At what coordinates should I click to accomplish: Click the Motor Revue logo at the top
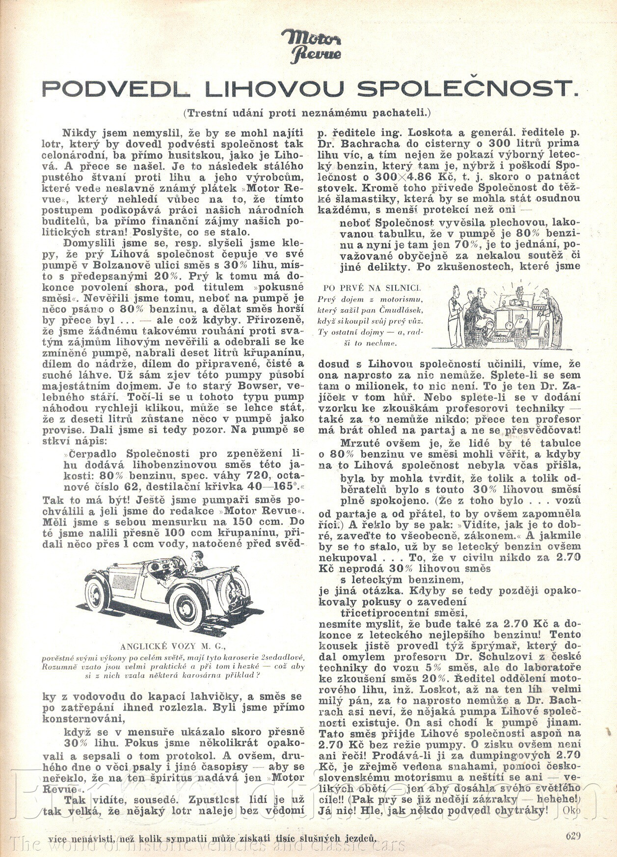tap(311, 45)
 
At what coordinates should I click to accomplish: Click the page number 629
tap(573, 836)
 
